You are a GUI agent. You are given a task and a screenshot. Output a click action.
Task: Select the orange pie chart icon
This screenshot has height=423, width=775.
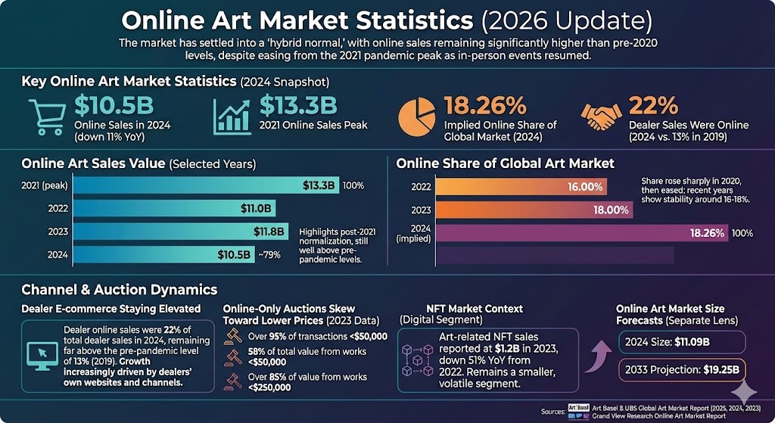[x=417, y=116]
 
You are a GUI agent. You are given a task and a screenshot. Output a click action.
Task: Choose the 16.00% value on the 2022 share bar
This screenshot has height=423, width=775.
[x=586, y=186]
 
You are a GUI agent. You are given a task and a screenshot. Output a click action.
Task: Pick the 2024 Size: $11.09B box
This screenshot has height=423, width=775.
[x=680, y=343]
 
